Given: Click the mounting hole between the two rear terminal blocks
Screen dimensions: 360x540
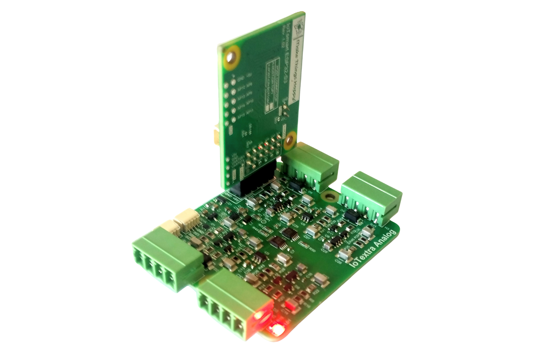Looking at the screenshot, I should pos(328,197).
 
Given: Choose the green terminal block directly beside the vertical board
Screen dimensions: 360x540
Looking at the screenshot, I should pos(310,166).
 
